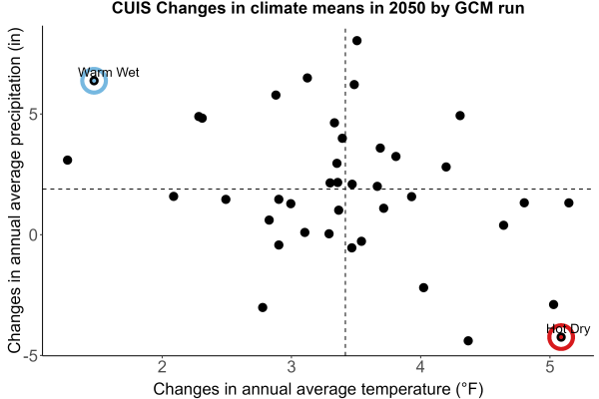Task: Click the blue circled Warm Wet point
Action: (94, 81)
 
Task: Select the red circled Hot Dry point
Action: (561, 337)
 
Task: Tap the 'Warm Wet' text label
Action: (109, 72)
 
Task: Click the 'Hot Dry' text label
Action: (568, 329)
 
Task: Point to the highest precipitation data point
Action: (356, 41)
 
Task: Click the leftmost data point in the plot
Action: (68, 160)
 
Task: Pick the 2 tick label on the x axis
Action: (163, 367)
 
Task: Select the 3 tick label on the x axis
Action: (292, 367)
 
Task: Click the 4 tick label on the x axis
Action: (420, 367)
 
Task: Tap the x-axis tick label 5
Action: (550, 367)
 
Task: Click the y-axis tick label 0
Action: (34, 234)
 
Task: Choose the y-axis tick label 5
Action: (34, 114)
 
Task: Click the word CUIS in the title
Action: (132, 8)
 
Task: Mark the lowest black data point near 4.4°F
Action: (468, 340)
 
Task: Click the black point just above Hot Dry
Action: (553, 304)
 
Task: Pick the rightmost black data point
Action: (569, 202)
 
